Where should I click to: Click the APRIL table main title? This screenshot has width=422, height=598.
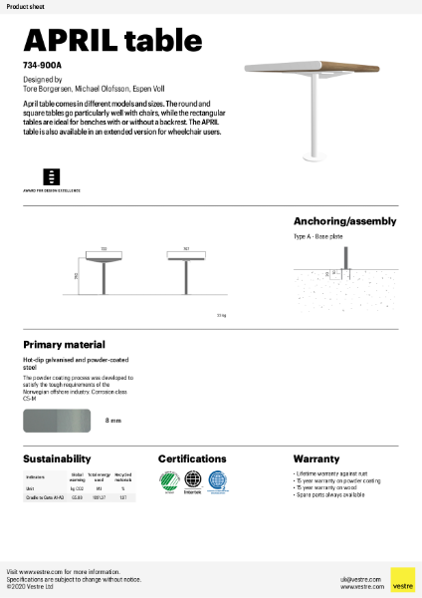[x=102, y=40]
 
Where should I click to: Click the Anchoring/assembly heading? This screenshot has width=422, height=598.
[x=344, y=221]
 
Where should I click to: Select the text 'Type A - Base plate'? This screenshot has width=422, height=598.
[x=318, y=238]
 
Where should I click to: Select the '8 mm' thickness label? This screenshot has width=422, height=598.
[x=113, y=421]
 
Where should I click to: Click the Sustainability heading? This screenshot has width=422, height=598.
[x=57, y=458]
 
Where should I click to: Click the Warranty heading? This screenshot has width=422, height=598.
[x=316, y=458]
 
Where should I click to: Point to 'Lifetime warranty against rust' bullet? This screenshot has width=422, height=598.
[x=328, y=474]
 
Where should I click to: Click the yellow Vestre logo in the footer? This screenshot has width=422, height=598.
[x=402, y=578]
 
